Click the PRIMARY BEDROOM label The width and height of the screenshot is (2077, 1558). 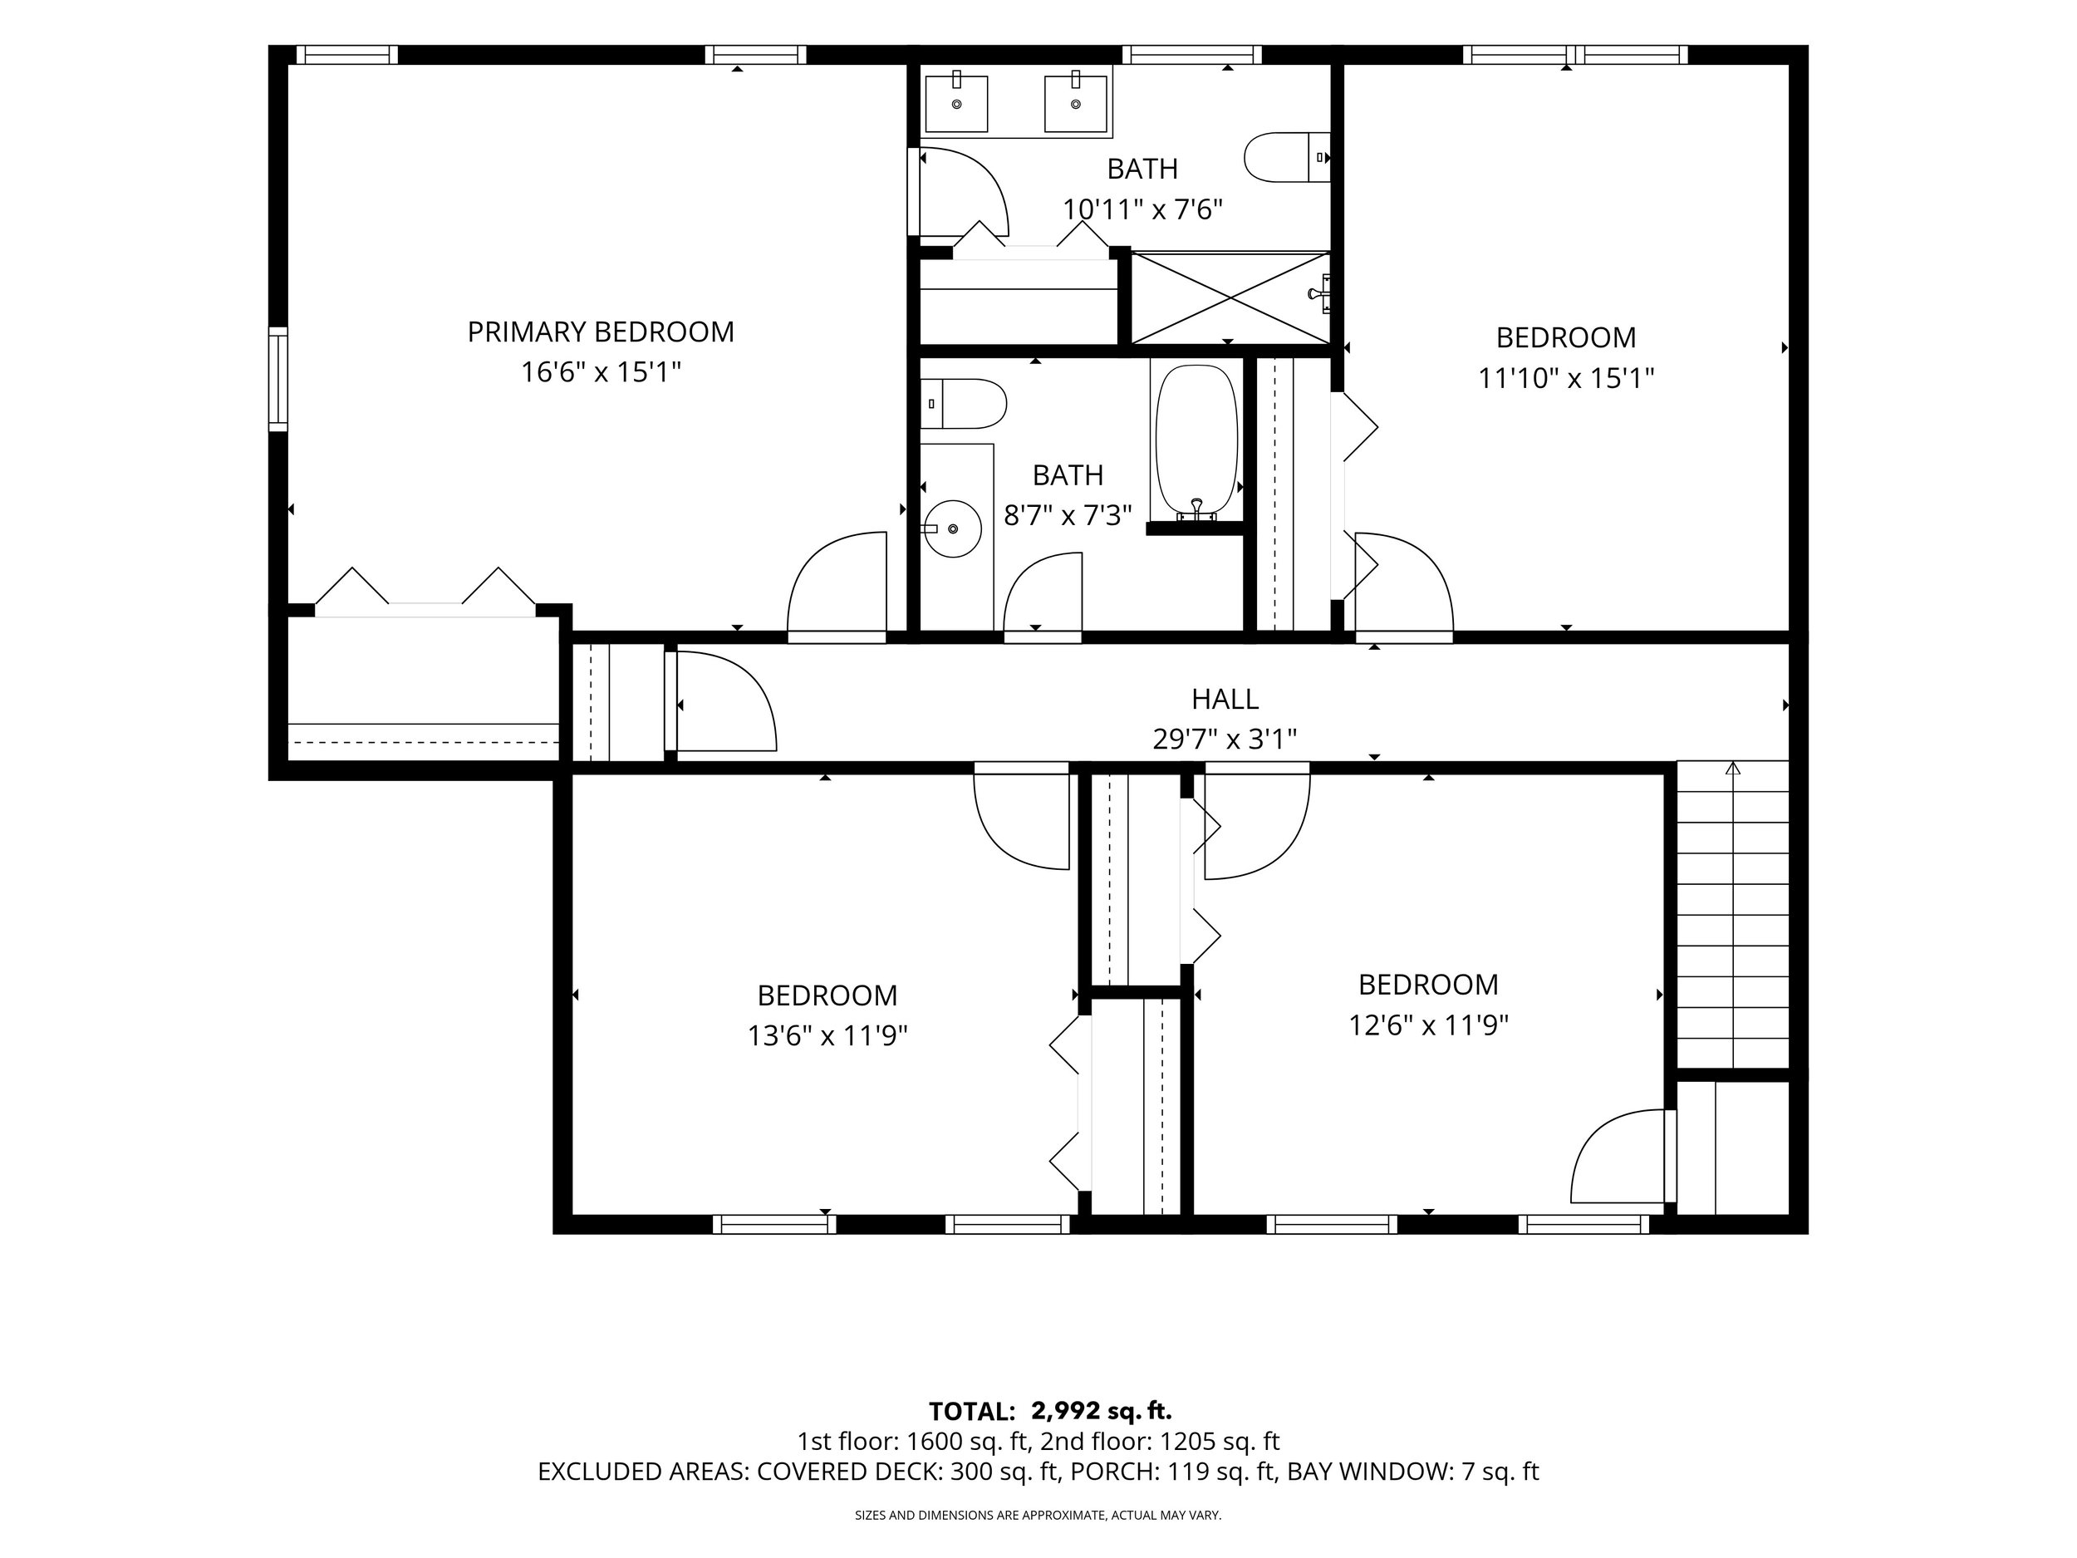coord(601,332)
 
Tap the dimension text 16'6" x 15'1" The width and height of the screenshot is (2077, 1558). coord(601,373)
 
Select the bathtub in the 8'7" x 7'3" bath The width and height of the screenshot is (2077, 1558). coord(1196,440)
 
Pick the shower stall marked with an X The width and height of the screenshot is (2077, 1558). coord(1231,298)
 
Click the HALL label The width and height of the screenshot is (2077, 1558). coord(1225,699)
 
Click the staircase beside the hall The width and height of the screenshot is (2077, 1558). coord(1732,914)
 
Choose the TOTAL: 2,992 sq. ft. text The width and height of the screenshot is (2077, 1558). coord(1050,1412)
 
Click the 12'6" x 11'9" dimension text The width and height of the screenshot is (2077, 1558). coord(1428,1025)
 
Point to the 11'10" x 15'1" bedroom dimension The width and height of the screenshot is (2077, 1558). coord(1566,378)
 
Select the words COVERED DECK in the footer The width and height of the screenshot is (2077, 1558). coord(849,1472)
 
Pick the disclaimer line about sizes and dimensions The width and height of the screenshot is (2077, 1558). coord(1038,1515)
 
